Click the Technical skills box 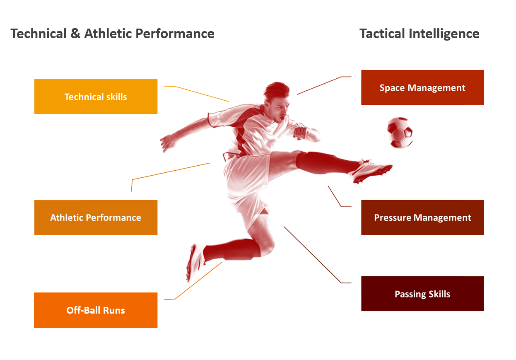pos(96,97)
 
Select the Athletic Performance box pos(96,217)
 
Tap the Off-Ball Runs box pos(96,310)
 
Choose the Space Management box pos(422,87)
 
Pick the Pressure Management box pos(422,217)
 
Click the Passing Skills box pos(422,294)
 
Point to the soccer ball pos(399,133)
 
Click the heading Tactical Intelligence pos(419,34)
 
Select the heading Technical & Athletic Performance pos(112,34)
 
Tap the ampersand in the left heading pos(75,34)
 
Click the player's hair pos(277,91)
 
